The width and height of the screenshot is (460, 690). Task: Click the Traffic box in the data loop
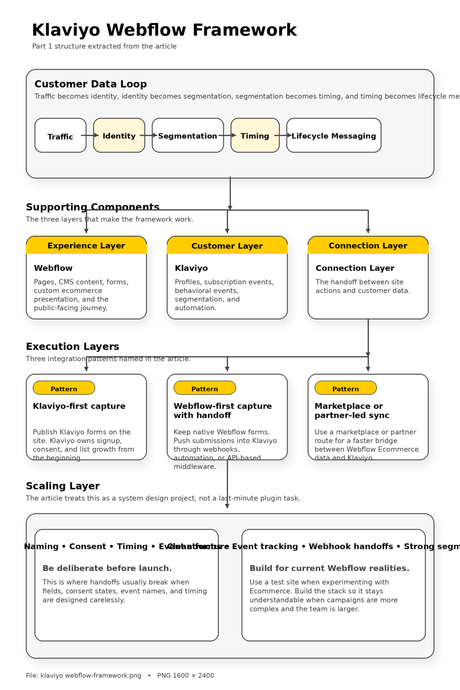[x=60, y=136]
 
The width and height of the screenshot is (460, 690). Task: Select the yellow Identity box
[x=119, y=136]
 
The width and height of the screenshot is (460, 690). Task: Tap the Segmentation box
[x=188, y=136]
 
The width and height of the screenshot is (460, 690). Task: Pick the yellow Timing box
[x=255, y=136]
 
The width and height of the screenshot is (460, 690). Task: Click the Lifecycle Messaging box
[x=334, y=136]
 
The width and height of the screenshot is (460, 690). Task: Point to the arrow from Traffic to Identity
[x=90, y=135]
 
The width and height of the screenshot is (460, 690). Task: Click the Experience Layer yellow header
[x=86, y=245]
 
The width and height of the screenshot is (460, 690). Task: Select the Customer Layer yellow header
[x=227, y=246]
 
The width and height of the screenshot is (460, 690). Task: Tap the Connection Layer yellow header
[x=368, y=245]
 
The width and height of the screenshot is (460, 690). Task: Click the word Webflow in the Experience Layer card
[x=53, y=268]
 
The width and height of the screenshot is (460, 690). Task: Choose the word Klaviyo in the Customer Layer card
[x=191, y=268]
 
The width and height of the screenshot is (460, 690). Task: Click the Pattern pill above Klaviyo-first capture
[x=64, y=388]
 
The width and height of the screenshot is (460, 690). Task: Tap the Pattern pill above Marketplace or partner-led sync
[x=345, y=388]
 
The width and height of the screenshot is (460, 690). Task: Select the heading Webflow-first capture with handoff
[x=222, y=411]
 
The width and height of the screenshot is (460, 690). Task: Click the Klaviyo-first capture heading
[x=79, y=406]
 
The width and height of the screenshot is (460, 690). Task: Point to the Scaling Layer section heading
[x=63, y=486]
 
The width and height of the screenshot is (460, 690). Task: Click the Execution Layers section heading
[x=72, y=346]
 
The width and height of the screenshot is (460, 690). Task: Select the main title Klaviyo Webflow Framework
[x=164, y=30]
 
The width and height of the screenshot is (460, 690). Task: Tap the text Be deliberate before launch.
[x=107, y=568]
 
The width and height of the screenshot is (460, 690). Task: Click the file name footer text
[x=84, y=675]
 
